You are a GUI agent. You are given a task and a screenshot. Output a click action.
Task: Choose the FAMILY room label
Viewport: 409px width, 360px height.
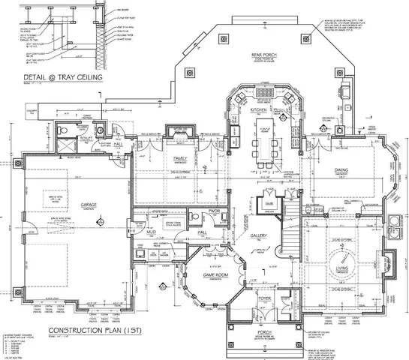(180, 160)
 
